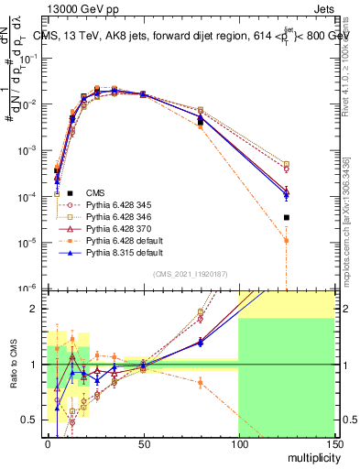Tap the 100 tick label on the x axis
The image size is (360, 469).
238,445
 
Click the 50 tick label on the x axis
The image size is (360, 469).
143,445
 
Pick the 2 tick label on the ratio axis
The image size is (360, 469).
35,309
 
